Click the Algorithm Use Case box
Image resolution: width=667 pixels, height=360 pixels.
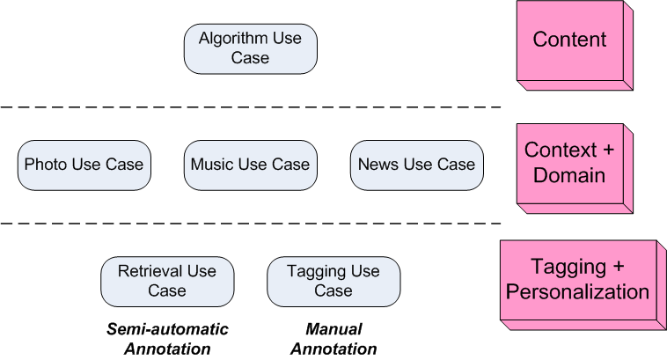250,48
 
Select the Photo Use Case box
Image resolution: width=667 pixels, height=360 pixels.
84,165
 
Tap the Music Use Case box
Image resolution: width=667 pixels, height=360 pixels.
250,165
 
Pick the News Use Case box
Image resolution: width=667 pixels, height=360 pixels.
416,165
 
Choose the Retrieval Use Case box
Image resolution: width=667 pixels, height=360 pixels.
167,281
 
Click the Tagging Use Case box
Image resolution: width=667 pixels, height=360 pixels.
333,281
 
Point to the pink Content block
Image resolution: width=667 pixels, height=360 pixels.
569,40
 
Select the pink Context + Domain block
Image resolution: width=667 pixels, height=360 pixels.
569,163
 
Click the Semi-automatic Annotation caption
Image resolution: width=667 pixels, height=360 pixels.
167,339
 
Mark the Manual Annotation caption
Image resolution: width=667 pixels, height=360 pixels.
333,339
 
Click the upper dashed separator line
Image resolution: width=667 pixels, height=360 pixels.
250,107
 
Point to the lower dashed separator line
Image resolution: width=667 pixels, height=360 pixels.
250,224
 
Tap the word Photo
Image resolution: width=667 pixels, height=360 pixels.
44,165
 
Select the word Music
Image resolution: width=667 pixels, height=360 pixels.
211,165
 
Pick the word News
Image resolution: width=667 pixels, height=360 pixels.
376,165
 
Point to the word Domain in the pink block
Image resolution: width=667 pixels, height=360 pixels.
569,175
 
